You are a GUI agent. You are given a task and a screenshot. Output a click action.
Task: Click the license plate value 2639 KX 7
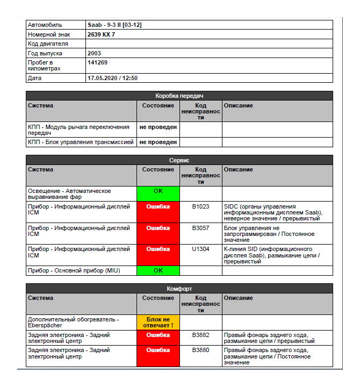[x=101, y=34]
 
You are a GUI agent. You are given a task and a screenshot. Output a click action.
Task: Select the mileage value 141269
[x=97, y=63]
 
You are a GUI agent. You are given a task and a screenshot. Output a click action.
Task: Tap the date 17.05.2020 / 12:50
[x=112, y=78]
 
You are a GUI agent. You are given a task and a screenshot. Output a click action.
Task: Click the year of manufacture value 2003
[x=94, y=53]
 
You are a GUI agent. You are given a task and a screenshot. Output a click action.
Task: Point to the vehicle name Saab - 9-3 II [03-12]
[x=114, y=25]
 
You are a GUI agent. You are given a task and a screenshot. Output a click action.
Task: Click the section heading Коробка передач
[x=179, y=96]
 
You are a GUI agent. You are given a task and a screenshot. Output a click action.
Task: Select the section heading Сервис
[x=179, y=160]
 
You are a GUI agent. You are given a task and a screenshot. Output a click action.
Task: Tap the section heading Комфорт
[x=179, y=289]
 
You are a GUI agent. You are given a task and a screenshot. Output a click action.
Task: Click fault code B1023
[x=200, y=206]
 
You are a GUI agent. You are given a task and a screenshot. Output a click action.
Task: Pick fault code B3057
[x=200, y=227]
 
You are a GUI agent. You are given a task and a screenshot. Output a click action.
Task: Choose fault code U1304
[x=200, y=249]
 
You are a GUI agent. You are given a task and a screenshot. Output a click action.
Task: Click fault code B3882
[x=200, y=334]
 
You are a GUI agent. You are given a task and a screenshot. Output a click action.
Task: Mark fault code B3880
[x=200, y=350]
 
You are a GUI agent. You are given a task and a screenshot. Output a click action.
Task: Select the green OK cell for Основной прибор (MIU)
[x=158, y=270]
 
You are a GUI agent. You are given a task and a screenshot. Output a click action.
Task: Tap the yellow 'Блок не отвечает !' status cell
[x=158, y=322]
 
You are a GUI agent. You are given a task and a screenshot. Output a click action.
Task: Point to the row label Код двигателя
[x=48, y=44]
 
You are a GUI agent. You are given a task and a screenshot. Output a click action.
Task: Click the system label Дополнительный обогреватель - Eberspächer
[x=73, y=322]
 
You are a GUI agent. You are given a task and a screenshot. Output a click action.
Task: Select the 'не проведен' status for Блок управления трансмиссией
[x=158, y=142]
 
